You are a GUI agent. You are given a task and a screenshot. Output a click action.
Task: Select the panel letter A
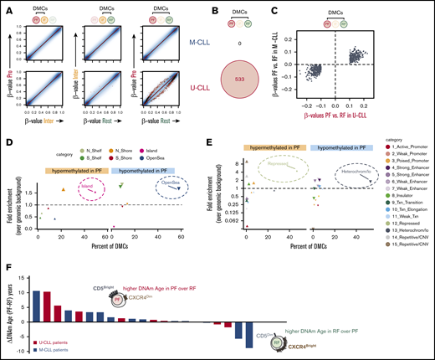[x=7, y=6]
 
